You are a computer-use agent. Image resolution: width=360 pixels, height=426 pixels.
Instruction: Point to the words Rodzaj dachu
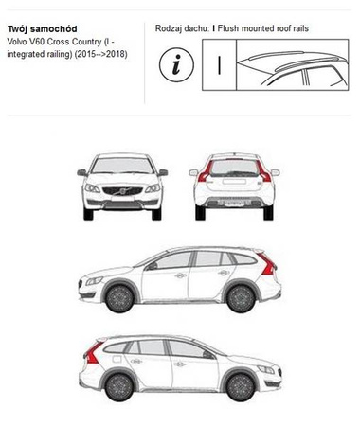182,29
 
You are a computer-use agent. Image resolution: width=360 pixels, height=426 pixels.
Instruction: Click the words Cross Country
95,43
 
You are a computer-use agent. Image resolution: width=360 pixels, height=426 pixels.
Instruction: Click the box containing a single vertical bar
221,66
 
